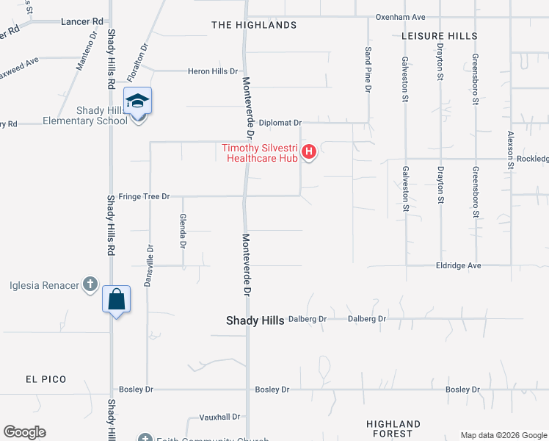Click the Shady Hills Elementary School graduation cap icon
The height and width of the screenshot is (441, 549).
tap(137, 101)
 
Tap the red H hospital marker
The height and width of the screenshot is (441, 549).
tap(309, 152)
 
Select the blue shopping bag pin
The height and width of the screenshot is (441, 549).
tap(116, 299)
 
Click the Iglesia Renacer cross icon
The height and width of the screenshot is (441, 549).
tap(90, 284)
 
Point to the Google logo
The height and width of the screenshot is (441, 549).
tap(24, 432)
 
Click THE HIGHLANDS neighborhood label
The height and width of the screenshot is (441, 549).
tap(254, 25)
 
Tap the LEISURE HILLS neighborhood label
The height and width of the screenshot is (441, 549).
tap(440, 35)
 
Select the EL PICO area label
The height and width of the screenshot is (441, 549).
tap(46, 379)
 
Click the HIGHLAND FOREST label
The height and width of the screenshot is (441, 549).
tap(394, 429)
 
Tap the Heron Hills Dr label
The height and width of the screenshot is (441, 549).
tap(213, 71)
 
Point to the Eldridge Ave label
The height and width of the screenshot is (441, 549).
tap(458, 265)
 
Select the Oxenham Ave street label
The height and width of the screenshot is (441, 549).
tap(400, 16)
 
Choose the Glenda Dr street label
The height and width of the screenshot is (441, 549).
tap(183, 232)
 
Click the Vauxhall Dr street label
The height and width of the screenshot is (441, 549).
tap(219, 417)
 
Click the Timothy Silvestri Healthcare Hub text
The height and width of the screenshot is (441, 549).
tap(260, 152)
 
